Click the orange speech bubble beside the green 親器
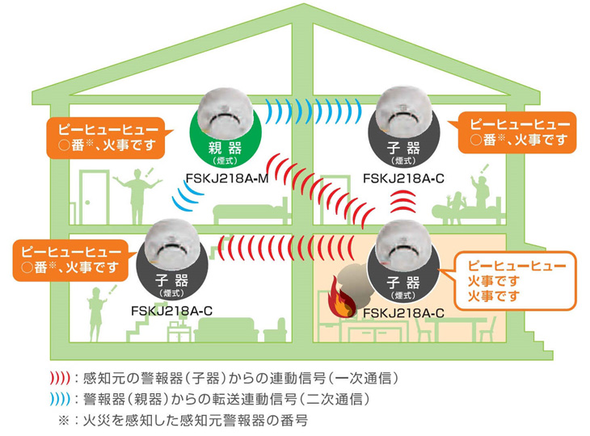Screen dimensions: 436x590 click(x=103, y=139)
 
